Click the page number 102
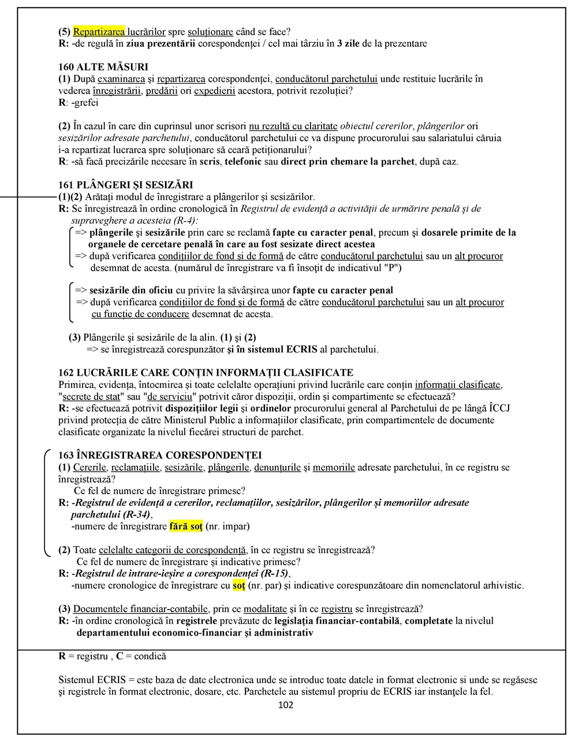pos(286,705)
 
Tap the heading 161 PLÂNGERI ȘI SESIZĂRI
pos(126,185)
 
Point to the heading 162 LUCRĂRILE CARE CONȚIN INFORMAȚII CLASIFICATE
pos(206,373)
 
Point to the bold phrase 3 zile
pos(349,44)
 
